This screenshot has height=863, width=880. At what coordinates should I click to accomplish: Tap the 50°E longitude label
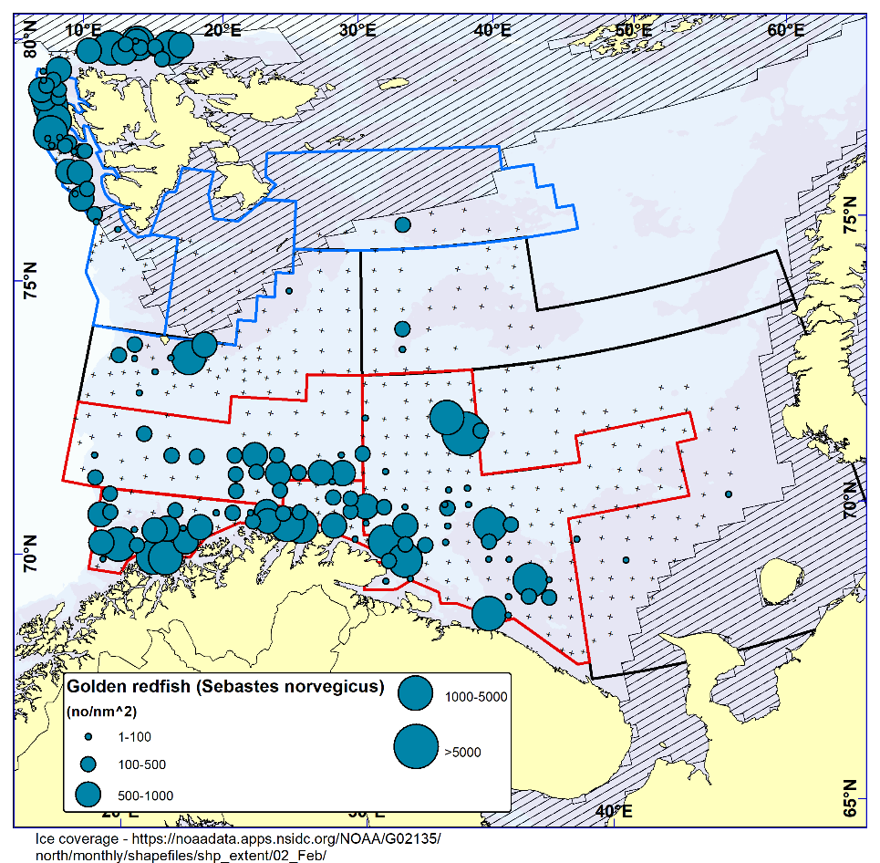click(634, 29)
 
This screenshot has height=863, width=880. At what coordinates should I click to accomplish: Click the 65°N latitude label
click(851, 799)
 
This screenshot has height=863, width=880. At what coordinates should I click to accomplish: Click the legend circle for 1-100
click(88, 735)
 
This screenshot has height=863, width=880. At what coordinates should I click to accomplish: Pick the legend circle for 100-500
click(88, 763)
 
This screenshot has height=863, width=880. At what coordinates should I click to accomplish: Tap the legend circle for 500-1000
click(88, 795)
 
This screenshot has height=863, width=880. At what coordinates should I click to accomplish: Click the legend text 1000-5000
click(475, 698)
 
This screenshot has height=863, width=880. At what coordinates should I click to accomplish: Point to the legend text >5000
click(462, 753)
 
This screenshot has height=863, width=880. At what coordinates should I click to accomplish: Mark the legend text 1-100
click(135, 736)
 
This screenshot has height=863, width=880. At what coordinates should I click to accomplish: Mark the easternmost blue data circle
click(729, 494)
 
